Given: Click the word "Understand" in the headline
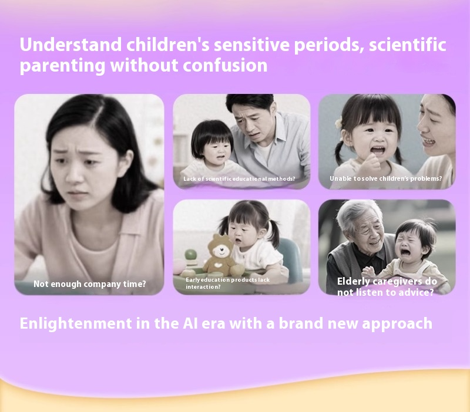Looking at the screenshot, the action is tap(70, 45).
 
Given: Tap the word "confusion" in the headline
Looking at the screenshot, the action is tap(225, 65).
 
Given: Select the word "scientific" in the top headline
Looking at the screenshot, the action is tap(407, 45).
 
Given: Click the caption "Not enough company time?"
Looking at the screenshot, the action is tap(90, 284).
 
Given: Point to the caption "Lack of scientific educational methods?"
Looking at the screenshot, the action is tap(239, 179).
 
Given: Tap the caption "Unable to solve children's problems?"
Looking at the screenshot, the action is tap(386, 178).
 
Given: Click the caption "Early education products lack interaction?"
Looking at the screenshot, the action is tap(227, 283).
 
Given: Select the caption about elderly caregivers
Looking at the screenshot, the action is tap(387, 286).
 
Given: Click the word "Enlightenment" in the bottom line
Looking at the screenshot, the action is tap(76, 323).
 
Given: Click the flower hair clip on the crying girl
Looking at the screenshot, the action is tap(339, 123).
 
